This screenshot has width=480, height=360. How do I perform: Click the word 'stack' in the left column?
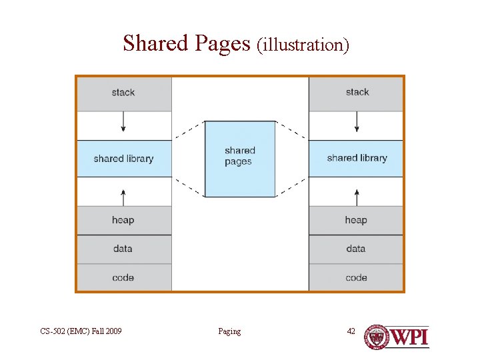pos(123,93)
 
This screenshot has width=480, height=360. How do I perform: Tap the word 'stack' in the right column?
pos(357,92)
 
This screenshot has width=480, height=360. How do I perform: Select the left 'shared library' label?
pos(123,159)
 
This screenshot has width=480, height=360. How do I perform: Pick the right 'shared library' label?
pos(357,158)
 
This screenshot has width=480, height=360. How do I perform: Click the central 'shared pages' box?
pos(239,158)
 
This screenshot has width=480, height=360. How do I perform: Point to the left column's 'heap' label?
pos(123,220)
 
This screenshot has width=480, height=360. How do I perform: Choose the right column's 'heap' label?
pos(356,220)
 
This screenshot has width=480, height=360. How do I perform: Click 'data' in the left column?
pos(123,249)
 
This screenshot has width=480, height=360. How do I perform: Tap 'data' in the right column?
pos(356,249)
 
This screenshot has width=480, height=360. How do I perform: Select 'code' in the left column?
pos(123,277)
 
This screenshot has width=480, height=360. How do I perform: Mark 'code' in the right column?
pos(356,277)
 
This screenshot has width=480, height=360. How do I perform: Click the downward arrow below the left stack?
pos(123,125)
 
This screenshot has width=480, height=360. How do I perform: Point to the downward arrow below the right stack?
pos(357,125)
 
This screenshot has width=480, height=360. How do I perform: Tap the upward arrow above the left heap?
pos(123,195)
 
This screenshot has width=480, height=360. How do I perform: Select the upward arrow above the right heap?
pos(357,195)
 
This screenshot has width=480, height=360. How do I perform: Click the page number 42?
pos(351,331)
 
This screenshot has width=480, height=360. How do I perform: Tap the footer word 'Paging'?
pos(229,331)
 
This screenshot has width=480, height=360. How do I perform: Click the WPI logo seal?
pos(377,337)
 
